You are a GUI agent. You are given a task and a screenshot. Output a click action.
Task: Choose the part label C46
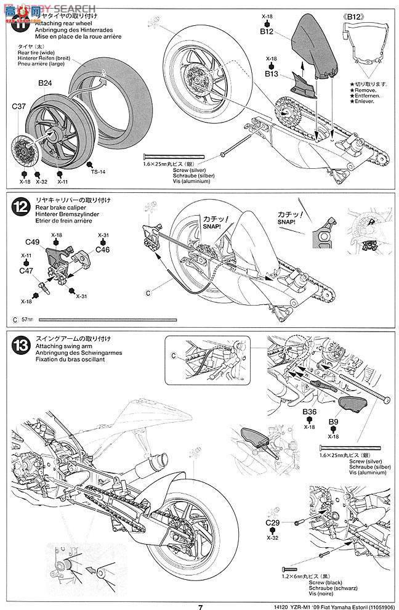(102, 250)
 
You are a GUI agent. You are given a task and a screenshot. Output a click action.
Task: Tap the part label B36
(309, 412)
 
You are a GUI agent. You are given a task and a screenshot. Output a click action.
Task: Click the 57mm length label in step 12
(25, 320)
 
